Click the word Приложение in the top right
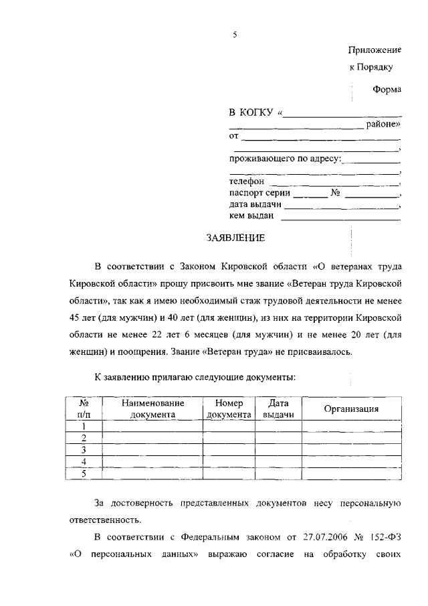pyautogui.click(x=374, y=50)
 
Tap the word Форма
pyautogui.click(x=387, y=90)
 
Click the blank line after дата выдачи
pyautogui.click(x=341, y=206)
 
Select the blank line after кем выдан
pyautogui.click(x=340, y=217)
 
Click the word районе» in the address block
pyautogui.click(x=383, y=124)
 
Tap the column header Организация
pyautogui.click(x=351, y=409)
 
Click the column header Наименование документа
pyautogui.click(x=152, y=409)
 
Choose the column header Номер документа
pyautogui.click(x=229, y=409)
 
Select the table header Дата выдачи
pyautogui.click(x=278, y=409)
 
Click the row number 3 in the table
pyautogui.click(x=84, y=450)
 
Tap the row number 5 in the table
pyautogui.click(x=84, y=474)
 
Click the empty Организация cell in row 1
pyautogui.click(x=351, y=426)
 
